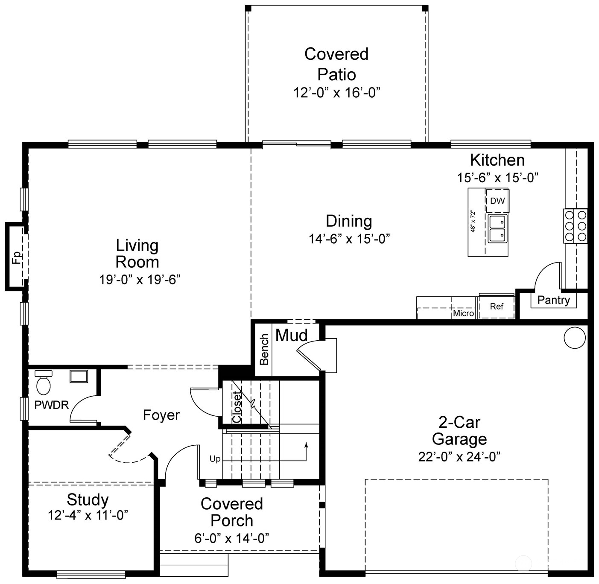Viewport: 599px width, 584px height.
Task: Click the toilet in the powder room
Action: click(x=43, y=383)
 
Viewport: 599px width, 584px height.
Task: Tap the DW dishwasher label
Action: click(x=497, y=201)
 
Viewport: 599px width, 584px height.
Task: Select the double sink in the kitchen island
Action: click(x=497, y=229)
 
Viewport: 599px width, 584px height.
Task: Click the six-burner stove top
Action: click(x=575, y=226)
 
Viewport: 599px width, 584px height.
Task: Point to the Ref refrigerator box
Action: click(x=497, y=307)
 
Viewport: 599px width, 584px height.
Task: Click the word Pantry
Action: click(x=553, y=300)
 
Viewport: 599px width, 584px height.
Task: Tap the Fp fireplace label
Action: click(x=16, y=257)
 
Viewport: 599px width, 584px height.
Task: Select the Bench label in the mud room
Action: click(x=264, y=350)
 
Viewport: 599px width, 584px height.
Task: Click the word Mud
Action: click(x=292, y=336)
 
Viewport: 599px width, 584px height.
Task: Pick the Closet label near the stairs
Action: click(x=237, y=407)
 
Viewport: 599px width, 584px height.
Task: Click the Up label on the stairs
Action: click(x=215, y=459)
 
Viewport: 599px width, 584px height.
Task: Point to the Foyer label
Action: click(x=161, y=415)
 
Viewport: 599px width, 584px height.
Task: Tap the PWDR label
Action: click(x=52, y=405)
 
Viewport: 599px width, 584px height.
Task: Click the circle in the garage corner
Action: click(x=574, y=338)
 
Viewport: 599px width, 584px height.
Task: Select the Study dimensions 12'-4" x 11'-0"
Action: click(x=88, y=515)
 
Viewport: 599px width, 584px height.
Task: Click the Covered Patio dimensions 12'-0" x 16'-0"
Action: click(x=336, y=93)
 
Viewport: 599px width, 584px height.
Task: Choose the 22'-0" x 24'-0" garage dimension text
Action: click(x=459, y=457)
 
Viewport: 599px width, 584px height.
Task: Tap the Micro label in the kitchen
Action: click(x=463, y=313)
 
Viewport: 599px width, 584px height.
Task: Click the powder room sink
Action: click(x=79, y=376)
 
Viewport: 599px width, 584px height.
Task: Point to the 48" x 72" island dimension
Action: click(x=473, y=221)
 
